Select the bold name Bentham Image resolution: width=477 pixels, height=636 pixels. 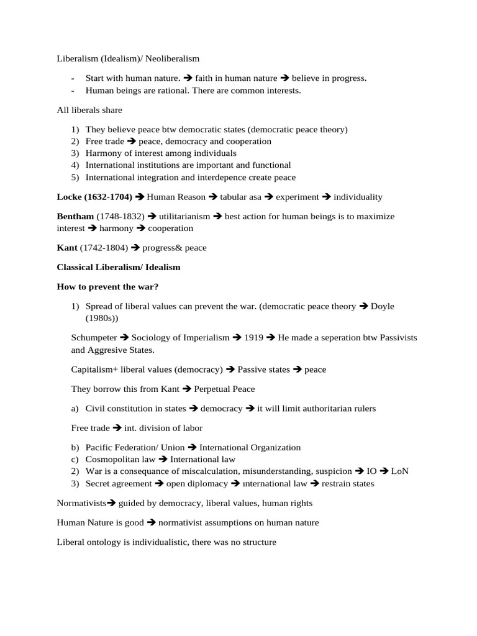[x=75, y=216]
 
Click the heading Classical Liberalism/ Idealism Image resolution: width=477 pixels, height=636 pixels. [x=118, y=267]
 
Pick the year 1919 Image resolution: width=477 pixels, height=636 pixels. [x=253, y=337]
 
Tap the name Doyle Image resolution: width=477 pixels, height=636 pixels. [x=382, y=306]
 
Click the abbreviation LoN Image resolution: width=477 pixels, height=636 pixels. [x=400, y=471]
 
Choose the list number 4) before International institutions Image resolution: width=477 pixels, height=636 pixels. [x=75, y=165]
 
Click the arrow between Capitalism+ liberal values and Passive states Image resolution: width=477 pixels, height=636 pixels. [x=230, y=370]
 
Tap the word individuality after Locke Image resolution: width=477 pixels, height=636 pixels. [x=358, y=197]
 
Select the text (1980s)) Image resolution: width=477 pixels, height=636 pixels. [x=102, y=318]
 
